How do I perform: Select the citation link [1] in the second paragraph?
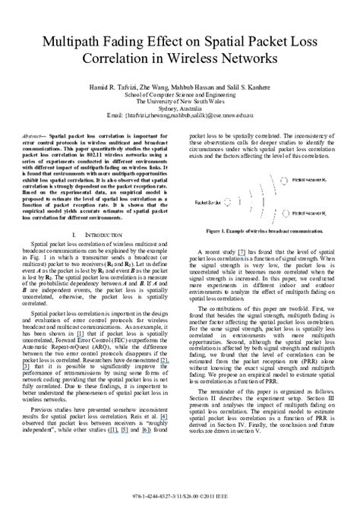[78, 354]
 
